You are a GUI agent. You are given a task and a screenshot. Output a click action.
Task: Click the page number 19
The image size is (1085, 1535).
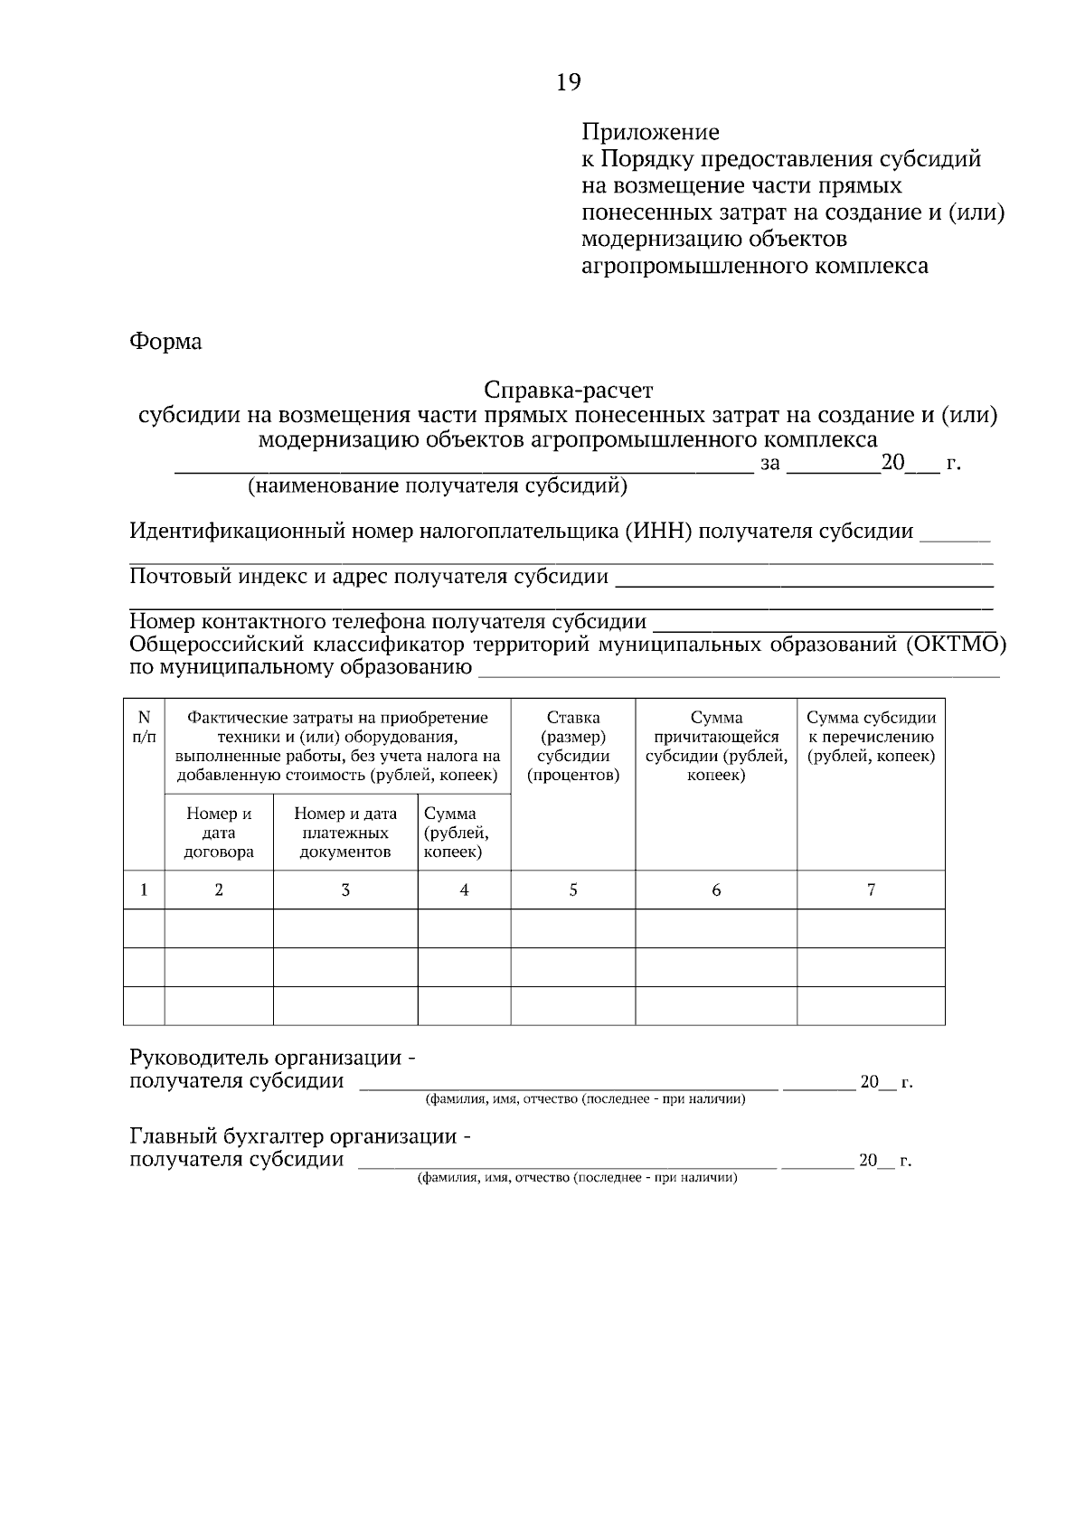(x=568, y=83)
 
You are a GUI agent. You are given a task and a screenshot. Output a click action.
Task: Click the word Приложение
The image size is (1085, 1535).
(x=649, y=133)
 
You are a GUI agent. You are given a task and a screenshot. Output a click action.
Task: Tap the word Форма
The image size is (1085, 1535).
(x=165, y=342)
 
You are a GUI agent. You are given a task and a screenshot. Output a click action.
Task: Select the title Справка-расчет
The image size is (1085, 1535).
(x=568, y=391)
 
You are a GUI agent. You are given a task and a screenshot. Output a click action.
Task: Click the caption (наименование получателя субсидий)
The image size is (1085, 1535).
(x=438, y=487)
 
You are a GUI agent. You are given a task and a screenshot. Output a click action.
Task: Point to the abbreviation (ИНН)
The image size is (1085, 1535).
(x=657, y=532)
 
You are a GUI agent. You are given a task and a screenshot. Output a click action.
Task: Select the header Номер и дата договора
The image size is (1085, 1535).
(x=219, y=833)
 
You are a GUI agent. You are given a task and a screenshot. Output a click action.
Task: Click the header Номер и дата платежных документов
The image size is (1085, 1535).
(x=345, y=833)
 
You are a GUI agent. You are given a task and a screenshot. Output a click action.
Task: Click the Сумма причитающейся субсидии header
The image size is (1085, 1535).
(x=716, y=747)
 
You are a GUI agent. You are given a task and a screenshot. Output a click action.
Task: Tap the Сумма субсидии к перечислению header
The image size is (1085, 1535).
(x=871, y=737)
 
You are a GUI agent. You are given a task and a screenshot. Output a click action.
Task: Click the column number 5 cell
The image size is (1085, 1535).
(x=573, y=890)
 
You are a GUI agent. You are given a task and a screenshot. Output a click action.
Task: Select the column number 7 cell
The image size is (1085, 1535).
(x=871, y=890)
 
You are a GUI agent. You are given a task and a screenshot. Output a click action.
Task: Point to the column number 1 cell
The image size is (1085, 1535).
(x=144, y=890)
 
